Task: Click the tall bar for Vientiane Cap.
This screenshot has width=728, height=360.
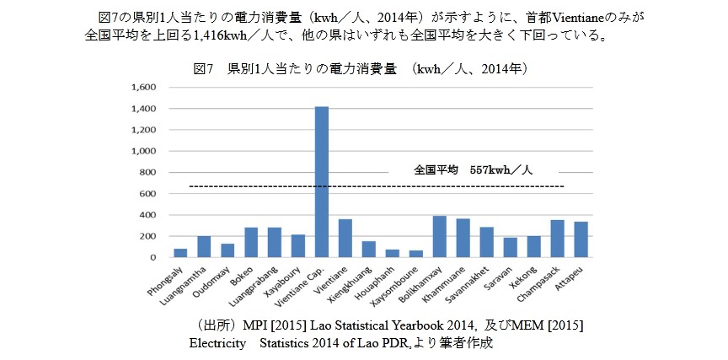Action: tap(321, 181)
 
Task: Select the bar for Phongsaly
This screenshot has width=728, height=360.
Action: tap(180, 253)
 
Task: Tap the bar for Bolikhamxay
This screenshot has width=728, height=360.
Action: tap(438, 237)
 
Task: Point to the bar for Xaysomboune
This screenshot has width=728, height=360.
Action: tap(415, 254)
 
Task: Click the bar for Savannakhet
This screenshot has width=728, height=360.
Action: tap(485, 242)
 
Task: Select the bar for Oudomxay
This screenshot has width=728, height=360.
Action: tap(227, 250)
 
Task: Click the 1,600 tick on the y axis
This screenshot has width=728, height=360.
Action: tap(146, 88)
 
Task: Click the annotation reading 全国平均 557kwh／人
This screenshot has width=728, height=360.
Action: tap(473, 169)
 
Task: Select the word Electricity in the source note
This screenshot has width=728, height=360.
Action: tap(217, 343)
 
